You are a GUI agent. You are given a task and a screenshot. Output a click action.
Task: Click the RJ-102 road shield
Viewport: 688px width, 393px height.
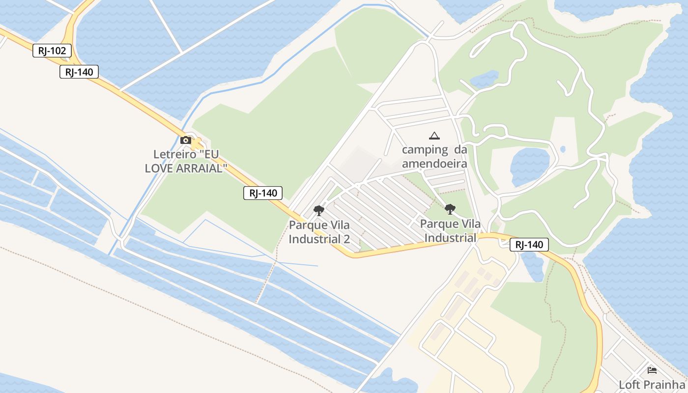point(52,50)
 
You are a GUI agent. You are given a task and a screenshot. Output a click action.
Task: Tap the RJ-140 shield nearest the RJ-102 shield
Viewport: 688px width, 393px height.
point(79,72)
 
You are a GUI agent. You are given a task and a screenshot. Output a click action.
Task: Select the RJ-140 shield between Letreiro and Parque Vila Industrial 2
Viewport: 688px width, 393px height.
point(263,193)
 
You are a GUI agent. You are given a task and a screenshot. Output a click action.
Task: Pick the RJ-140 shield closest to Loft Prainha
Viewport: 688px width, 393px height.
point(529,245)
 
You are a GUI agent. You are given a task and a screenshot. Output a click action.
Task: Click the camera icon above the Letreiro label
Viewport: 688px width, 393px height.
point(186,140)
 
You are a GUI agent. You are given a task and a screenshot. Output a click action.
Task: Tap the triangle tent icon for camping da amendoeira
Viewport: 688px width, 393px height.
point(434,136)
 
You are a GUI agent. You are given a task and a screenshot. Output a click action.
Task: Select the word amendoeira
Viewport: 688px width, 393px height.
point(434,163)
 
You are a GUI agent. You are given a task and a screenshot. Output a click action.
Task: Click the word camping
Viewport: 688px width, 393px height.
point(418,150)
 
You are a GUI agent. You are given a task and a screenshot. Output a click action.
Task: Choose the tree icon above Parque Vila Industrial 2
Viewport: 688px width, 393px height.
point(319,211)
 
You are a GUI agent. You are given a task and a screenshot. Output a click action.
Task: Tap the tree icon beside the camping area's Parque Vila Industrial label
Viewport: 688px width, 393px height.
point(450,209)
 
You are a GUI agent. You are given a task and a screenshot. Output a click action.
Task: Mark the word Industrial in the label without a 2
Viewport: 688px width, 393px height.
point(450,238)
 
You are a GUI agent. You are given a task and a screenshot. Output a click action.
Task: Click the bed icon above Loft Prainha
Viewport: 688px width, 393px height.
point(652,370)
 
